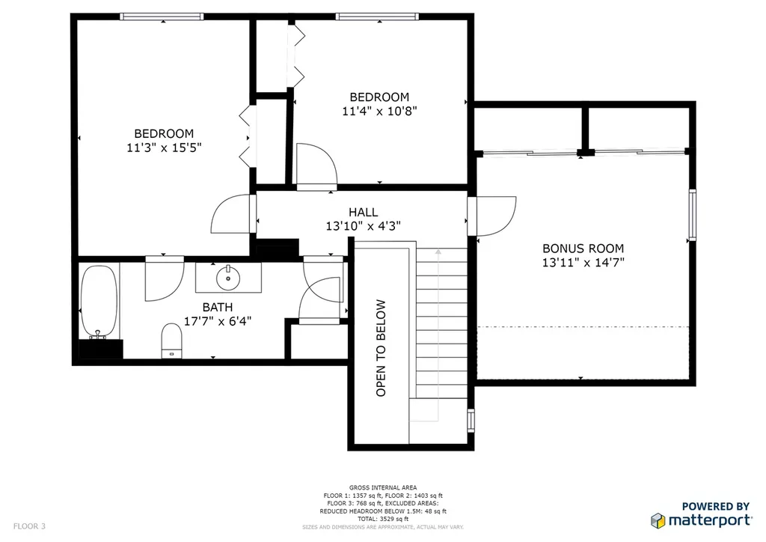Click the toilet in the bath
click(x=171, y=340)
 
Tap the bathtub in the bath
click(x=99, y=302)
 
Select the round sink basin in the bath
click(x=228, y=278)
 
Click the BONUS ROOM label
click(x=583, y=249)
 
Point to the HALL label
click(x=363, y=212)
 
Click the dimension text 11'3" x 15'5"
click(x=164, y=147)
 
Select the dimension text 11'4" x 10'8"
click(x=379, y=111)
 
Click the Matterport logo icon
click(x=658, y=521)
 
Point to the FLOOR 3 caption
click(x=29, y=526)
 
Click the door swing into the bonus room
click(x=496, y=216)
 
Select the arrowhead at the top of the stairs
click(x=438, y=252)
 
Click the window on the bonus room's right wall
click(x=692, y=215)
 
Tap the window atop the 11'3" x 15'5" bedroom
click(x=162, y=16)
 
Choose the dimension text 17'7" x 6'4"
click(x=218, y=321)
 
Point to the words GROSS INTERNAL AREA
click(x=383, y=487)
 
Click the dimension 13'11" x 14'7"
click(x=583, y=263)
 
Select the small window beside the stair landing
click(x=471, y=420)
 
